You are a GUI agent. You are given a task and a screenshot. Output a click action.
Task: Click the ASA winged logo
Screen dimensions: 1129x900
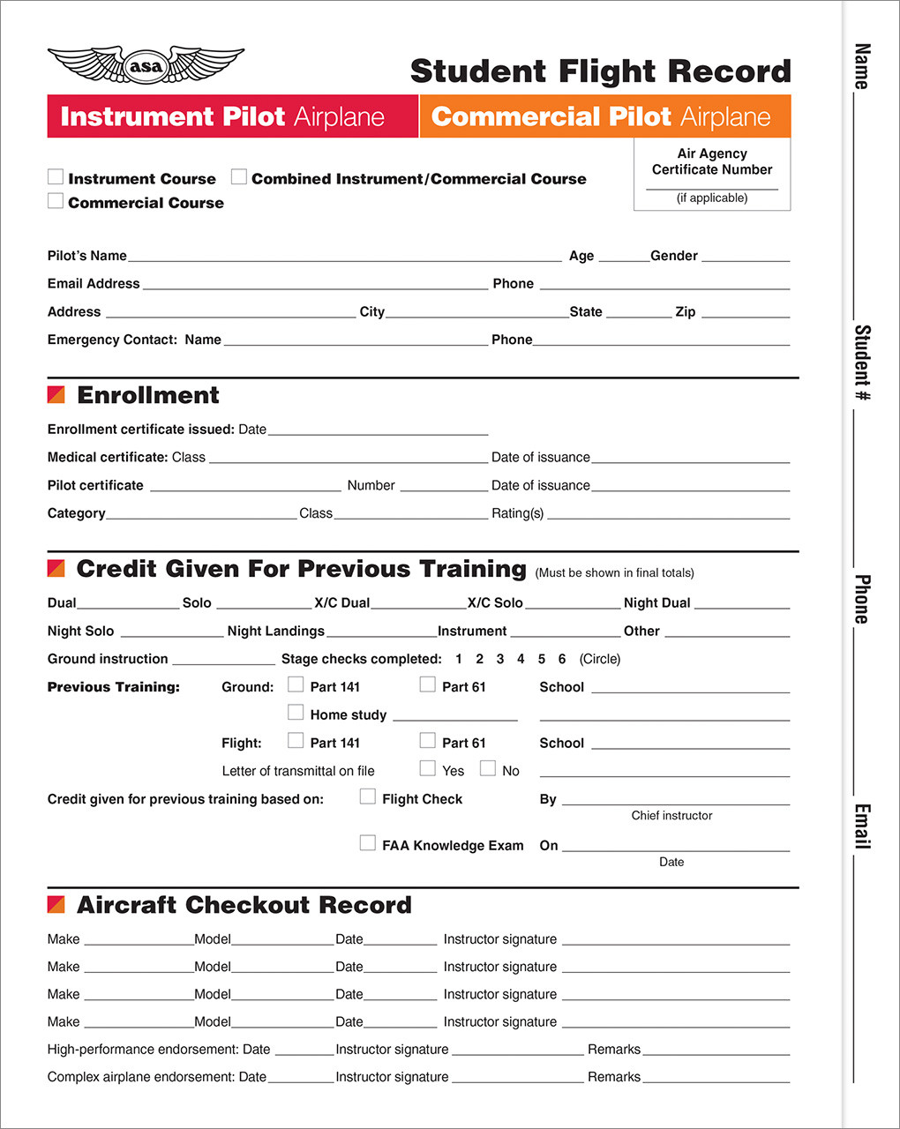point(146,65)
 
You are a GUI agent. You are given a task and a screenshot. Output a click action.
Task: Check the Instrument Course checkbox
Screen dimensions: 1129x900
point(56,177)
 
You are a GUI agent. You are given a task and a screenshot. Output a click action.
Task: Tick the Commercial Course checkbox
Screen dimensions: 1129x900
point(56,201)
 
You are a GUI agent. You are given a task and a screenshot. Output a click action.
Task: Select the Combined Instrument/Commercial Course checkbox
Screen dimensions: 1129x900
point(239,177)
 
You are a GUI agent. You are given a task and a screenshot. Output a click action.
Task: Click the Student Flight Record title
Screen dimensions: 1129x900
point(600,71)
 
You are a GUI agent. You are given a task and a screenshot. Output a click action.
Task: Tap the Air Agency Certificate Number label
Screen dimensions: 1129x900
point(712,161)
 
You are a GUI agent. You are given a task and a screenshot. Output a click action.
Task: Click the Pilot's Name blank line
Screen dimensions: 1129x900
point(344,257)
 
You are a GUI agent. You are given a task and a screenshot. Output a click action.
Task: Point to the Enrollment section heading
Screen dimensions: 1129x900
point(147,395)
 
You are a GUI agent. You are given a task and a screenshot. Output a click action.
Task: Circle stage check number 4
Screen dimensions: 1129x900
point(521,659)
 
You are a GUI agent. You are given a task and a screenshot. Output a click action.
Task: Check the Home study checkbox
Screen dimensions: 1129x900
point(296,713)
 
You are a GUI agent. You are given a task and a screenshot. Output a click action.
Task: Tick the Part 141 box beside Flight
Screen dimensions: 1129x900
point(296,741)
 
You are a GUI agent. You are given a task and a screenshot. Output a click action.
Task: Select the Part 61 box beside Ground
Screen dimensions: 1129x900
point(428,684)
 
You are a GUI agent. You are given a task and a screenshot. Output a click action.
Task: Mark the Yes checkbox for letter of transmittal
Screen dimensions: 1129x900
point(428,768)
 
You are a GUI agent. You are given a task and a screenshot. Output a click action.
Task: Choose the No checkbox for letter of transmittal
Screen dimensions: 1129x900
point(488,768)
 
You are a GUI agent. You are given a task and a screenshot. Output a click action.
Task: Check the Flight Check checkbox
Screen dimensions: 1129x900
point(368,796)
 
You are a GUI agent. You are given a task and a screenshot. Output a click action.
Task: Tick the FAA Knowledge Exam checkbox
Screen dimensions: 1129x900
point(368,843)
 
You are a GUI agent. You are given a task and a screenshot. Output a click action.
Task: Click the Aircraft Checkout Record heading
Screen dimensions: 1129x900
point(244,905)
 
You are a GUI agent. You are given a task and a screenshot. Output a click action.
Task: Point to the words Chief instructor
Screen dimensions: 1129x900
point(671,816)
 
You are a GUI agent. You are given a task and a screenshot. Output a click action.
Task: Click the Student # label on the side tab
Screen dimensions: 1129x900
point(862,363)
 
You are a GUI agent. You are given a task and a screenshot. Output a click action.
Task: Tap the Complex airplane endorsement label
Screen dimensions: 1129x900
point(156,1077)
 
